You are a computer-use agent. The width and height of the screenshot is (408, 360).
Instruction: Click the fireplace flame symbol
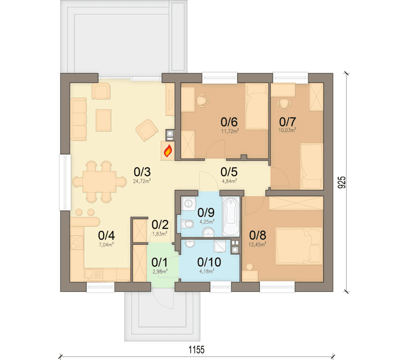pos(168,151)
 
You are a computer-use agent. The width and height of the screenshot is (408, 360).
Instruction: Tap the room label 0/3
pos(142,172)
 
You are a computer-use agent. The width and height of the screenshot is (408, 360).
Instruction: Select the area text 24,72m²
pos(142,181)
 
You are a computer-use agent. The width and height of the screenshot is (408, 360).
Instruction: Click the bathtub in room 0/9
pos(231,216)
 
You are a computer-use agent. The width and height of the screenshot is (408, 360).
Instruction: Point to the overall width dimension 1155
pos(196,350)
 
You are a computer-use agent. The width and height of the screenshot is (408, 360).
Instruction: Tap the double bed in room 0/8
pos(299,246)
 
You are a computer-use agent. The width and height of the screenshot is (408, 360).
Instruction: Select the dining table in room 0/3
pos(99,182)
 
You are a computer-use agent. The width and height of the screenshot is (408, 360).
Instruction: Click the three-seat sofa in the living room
pos(78,119)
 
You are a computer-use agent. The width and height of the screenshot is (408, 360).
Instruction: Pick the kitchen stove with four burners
pos(77,242)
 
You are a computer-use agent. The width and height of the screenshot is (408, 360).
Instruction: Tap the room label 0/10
pos(209,262)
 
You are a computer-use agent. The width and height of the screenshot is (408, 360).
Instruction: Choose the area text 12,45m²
pos(257,244)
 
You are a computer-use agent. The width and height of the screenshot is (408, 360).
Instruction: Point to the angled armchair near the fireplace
pos(147,130)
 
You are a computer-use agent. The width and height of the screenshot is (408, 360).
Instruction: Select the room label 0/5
pos(229,172)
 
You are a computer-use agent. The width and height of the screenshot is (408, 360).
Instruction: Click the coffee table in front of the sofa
pos(103,120)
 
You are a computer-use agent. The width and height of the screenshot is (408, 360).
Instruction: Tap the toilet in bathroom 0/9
pos(187,224)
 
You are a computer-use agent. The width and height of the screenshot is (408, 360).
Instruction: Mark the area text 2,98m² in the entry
pos(160,271)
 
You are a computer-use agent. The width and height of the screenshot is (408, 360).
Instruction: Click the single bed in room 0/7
pos(312,166)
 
